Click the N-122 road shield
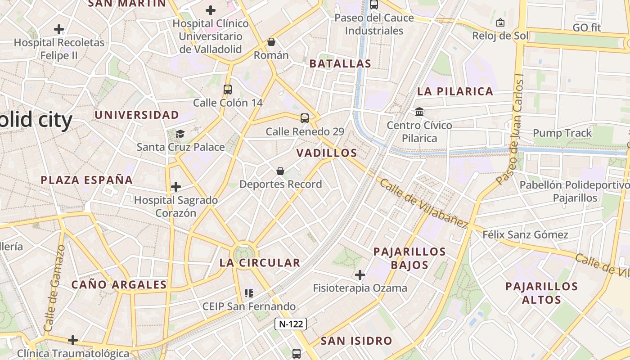[x=291, y=324]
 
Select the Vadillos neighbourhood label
[x=327, y=153]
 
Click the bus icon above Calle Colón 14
[x=227, y=90]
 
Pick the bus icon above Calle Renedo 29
[x=305, y=118]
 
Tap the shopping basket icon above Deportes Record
[x=280, y=171]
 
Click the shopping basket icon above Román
[x=271, y=42]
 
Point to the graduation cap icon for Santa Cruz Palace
[x=180, y=134]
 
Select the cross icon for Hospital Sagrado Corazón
[x=176, y=186]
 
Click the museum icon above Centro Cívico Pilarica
[x=419, y=112]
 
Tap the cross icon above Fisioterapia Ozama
[x=360, y=274]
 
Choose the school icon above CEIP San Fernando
[x=249, y=293]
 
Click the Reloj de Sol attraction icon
[x=500, y=22]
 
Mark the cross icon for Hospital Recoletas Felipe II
[x=59, y=29]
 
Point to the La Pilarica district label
[x=455, y=91]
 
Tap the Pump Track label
[x=562, y=133]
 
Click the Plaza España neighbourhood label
[x=86, y=180]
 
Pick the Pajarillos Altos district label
[x=541, y=293]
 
